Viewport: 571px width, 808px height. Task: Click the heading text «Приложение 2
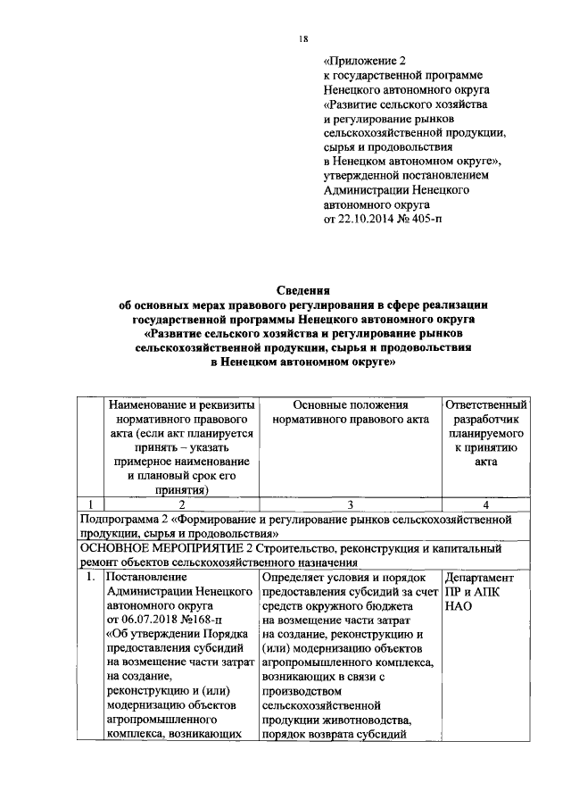(x=364, y=62)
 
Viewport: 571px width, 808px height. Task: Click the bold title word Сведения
(x=303, y=290)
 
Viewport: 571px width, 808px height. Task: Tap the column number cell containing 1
(x=89, y=504)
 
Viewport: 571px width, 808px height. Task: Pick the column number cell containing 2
(x=180, y=504)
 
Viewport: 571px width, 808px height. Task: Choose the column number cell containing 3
(x=350, y=504)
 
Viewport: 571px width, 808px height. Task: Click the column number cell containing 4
(x=485, y=504)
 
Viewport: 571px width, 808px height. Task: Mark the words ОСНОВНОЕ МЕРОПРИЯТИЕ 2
(x=169, y=548)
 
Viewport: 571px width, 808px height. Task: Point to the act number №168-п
(x=204, y=617)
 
